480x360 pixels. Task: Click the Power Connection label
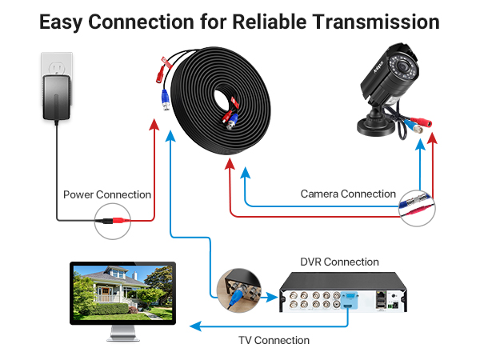(x=107, y=194)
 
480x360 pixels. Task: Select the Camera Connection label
(x=348, y=194)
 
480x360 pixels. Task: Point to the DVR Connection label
(x=339, y=262)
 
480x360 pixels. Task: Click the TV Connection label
(x=274, y=340)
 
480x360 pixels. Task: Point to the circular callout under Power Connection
(x=113, y=218)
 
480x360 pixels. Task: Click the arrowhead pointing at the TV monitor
(x=193, y=326)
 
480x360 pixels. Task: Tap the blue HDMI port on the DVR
(x=349, y=298)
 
